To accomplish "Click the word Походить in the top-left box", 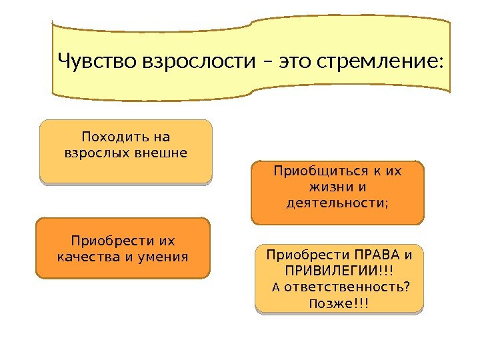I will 109,137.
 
